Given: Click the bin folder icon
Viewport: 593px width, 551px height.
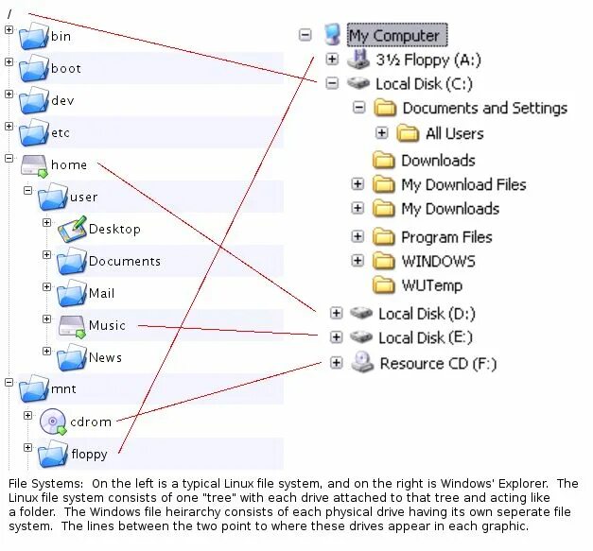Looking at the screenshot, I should pyautogui.click(x=34, y=37).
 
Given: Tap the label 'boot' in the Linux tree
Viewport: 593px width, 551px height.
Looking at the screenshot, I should pyautogui.click(x=66, y=69).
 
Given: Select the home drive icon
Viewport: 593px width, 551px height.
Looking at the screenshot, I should pyautogui.click(x=34, y=165).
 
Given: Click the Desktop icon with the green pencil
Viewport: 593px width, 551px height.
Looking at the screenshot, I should pyautogui.click(x=72, y=229).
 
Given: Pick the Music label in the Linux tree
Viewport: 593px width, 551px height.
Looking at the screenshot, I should pyautogui.click(x=107, y=325).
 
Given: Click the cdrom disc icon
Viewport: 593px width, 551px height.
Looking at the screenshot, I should pyautogui.click(x=53, y=422).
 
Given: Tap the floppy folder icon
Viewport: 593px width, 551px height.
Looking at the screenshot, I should pyautogui.click(x=53, y=455).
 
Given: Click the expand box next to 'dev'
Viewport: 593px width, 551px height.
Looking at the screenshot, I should pyautogui.click(x=9, y=95).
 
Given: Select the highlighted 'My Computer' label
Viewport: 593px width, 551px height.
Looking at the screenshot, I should pyautogui.click(x=394, y=36).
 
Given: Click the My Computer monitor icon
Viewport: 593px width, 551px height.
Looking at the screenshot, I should pyautogui.click(x=332, y=36).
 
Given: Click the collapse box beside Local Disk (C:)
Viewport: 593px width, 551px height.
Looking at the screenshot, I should pyautogui.click(x=332, y=83).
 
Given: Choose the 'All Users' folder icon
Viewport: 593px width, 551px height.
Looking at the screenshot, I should pyautogui.click(x=409, y=133).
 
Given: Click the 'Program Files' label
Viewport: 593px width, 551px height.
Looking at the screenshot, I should pyautogui.click(x=446, y=237).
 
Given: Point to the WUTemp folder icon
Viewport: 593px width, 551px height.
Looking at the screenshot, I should pyautogui.click(x=383, y=284).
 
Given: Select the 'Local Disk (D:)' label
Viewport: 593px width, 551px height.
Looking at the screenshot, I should pyautogui.click(x=427, y=314).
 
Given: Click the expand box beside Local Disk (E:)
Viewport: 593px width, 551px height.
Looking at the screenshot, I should pyautogui.click(x=336, y=336).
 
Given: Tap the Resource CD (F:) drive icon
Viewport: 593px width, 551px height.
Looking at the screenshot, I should pyautogui.click(x=361, y=362).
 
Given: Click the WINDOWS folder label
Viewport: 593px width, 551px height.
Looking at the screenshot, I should pyautogui.click(x=438, y=261).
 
